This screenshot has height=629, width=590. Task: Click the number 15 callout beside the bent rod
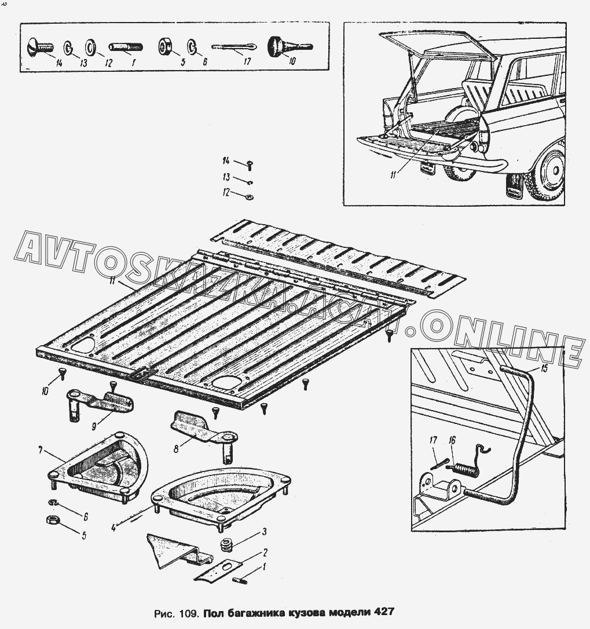click(x=543, y=368)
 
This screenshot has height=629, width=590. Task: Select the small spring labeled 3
click(x=225, y=545)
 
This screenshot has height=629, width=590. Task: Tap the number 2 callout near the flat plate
click(x=265, y=551)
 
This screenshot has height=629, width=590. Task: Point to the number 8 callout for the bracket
click(x=175, y=447)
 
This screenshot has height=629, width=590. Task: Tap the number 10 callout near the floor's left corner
click(x=45, y=392)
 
